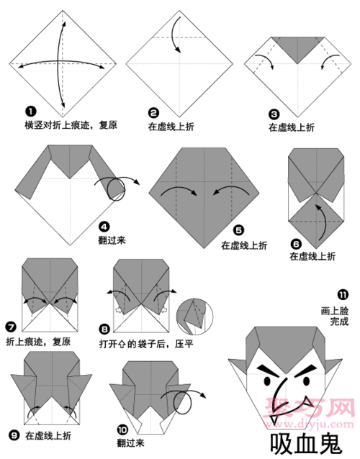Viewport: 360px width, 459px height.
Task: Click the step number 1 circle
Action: coord(30,112)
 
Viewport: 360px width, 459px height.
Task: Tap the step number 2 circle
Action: coord(153,112)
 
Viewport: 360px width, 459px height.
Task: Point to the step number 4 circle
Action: coord(104,225)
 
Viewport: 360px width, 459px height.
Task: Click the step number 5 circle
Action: coord(237,232)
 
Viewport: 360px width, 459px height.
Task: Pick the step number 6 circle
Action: coord(295,244)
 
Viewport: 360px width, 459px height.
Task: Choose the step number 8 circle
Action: coord(104,328)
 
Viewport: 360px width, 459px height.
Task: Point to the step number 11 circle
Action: coord(342,294)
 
